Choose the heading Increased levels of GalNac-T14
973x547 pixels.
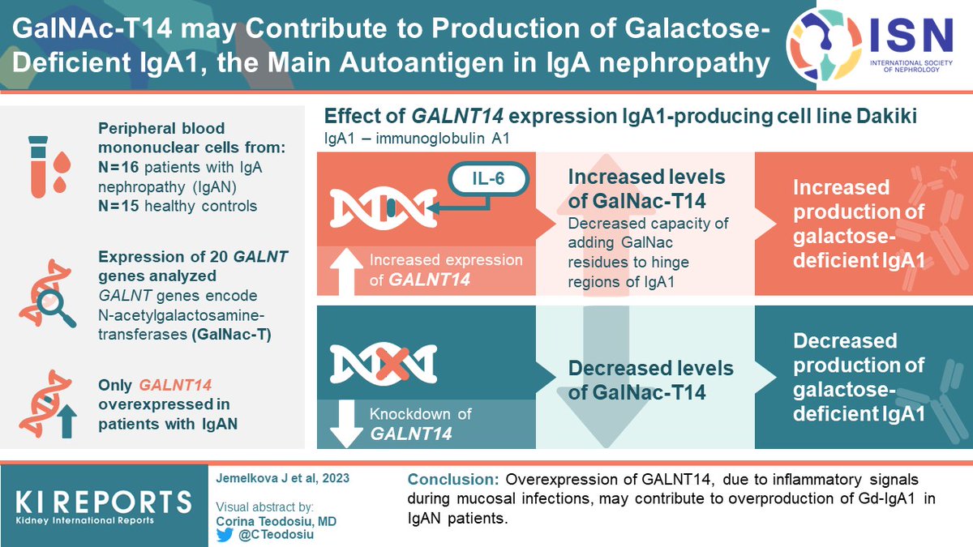[x=646, y=188]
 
